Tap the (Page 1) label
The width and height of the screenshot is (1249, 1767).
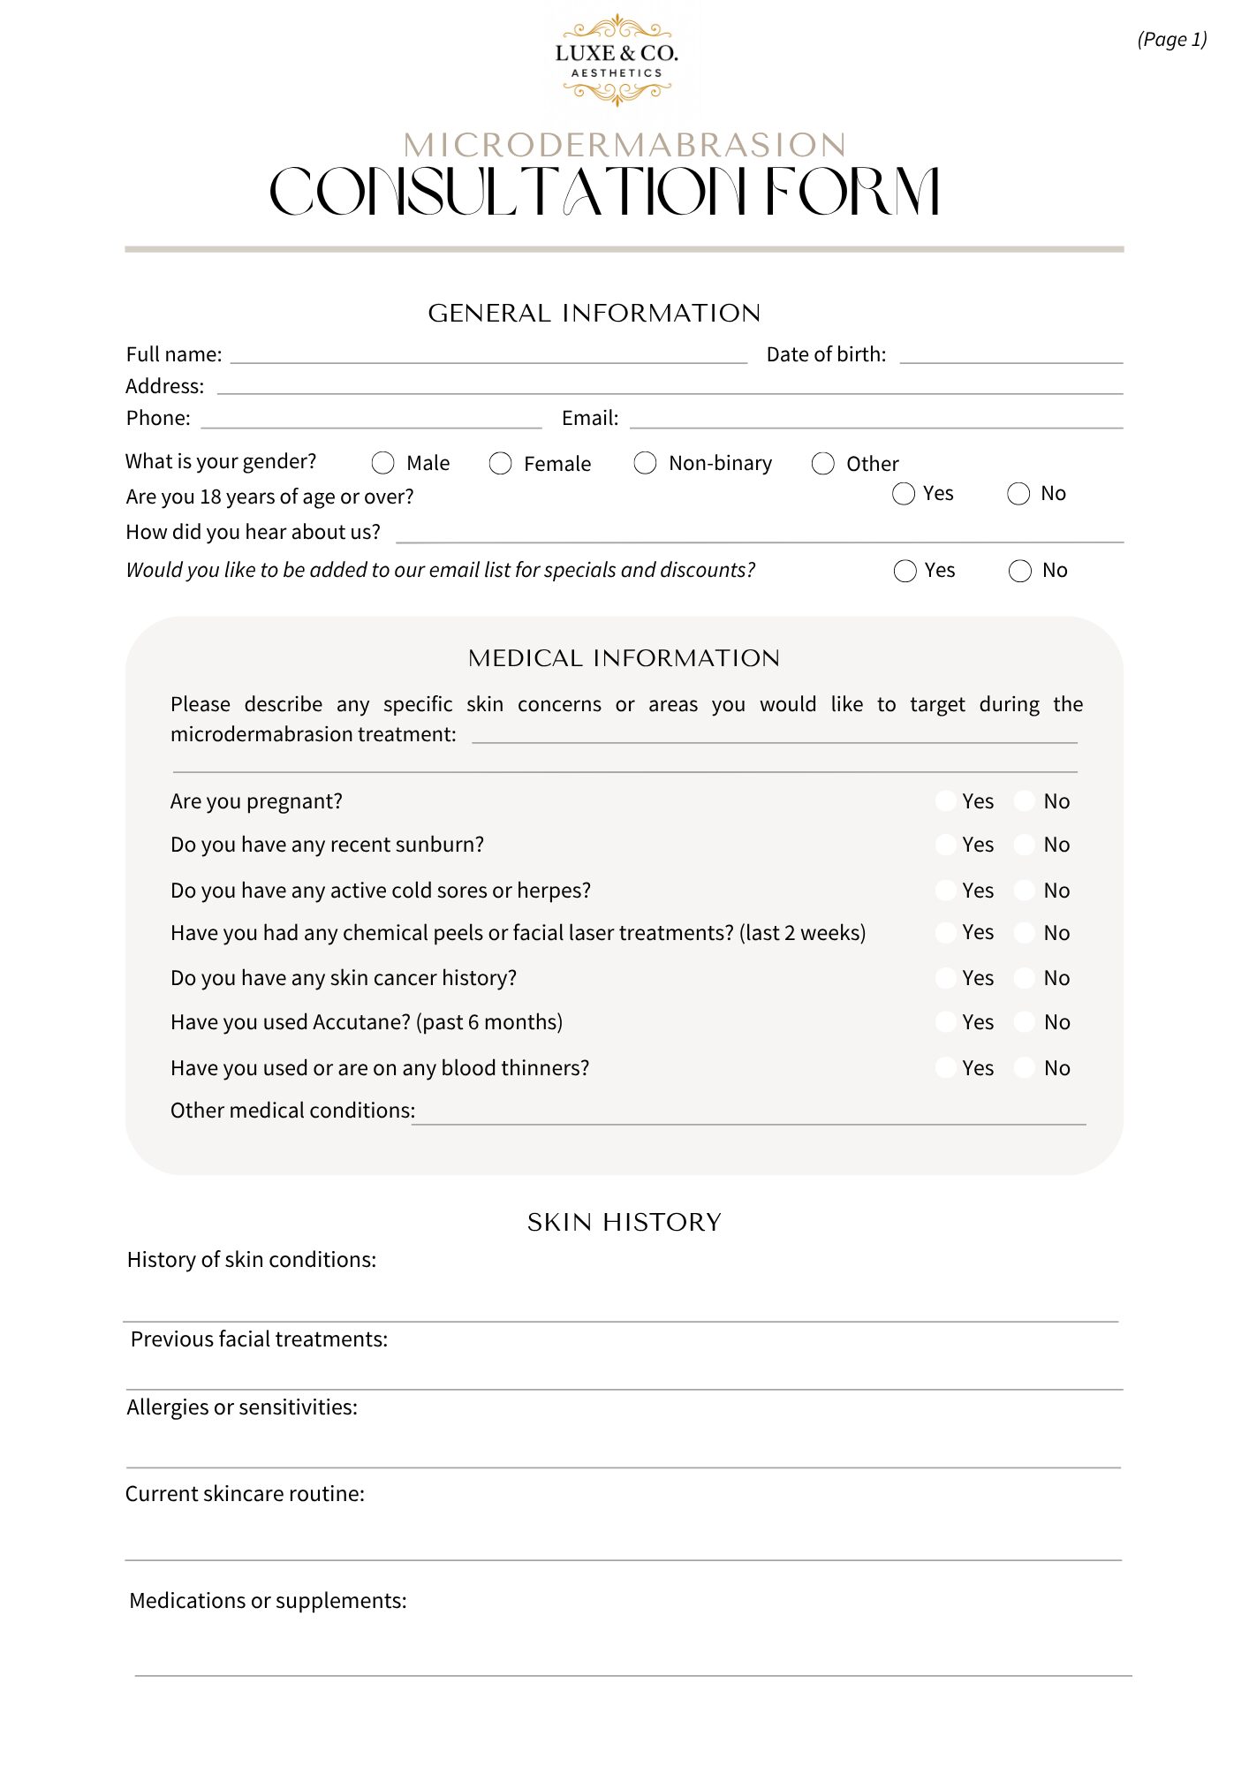1171,40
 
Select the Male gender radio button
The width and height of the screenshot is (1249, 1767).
383,463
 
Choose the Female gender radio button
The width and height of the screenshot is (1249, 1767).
501,464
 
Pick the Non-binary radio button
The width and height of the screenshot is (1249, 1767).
646,463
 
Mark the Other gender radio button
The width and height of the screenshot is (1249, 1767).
823,464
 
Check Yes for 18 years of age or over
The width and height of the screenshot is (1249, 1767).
904,494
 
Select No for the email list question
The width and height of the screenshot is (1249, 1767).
1020,571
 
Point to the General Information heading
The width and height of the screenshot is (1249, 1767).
594,314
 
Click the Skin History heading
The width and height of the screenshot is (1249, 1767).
624,1223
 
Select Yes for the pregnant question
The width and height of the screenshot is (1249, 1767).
946,801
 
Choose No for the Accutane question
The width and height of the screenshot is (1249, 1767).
1025,1022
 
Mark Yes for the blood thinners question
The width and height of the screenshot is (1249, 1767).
946,1068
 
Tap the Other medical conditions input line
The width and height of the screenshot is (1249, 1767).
749,1117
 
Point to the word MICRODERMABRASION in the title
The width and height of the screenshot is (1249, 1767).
624,146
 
